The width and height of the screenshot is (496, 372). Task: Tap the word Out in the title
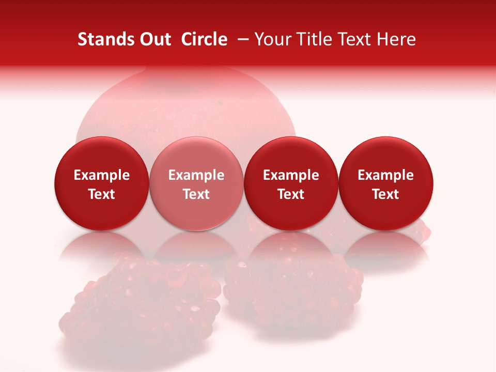[x=154, y=39]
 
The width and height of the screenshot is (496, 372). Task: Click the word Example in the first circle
[x=102, y=175]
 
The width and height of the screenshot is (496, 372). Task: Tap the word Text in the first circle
[x=102, y=194]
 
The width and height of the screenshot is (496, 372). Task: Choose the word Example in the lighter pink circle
[x=196, y=175]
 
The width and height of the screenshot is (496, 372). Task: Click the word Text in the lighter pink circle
[x=196, y=194]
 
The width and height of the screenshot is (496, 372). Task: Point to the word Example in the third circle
[x=291, y=175]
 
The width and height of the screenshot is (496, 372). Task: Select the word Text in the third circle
[x=291, y=194]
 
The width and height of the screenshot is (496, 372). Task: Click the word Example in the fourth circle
[x=385, y=175]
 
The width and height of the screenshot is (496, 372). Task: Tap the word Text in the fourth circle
[x=385, y=194]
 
